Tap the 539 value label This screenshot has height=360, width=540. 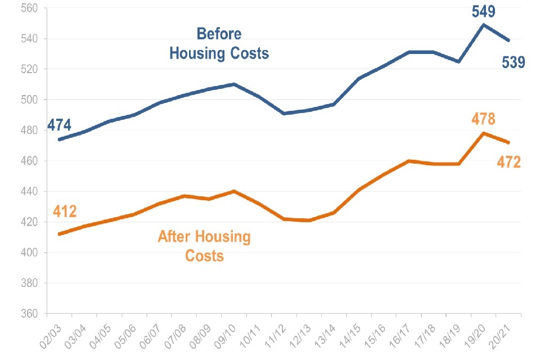pos(512,61)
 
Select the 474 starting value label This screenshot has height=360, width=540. pos(60,125)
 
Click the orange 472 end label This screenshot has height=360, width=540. pos(508,162)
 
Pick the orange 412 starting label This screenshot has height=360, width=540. pos(65,211)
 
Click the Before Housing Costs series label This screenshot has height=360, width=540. pos(219,44)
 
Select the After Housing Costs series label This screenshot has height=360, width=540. pos(204,246)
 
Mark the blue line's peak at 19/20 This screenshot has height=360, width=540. pos(484,24)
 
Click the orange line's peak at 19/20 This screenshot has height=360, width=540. pos(484,133)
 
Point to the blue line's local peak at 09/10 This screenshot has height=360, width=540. pos(233,84)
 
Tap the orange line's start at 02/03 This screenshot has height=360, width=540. pos(59,234)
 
